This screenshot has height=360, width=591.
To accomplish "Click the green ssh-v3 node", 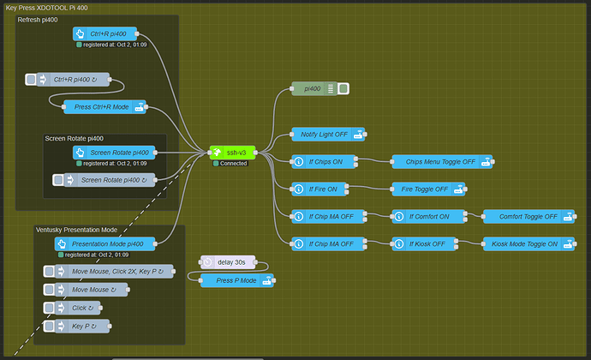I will tap(233, 152).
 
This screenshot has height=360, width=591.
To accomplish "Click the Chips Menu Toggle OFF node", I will tap(442, 161).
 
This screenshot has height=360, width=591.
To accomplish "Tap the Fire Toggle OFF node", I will tap(428, 189).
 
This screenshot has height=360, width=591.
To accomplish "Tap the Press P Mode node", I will tap(237, 280).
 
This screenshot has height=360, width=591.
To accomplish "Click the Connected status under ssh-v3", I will tap(233, 163).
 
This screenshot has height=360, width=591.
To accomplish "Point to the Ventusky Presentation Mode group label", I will tap(76, 230).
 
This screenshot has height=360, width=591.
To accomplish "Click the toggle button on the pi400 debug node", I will tap(343, 88).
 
